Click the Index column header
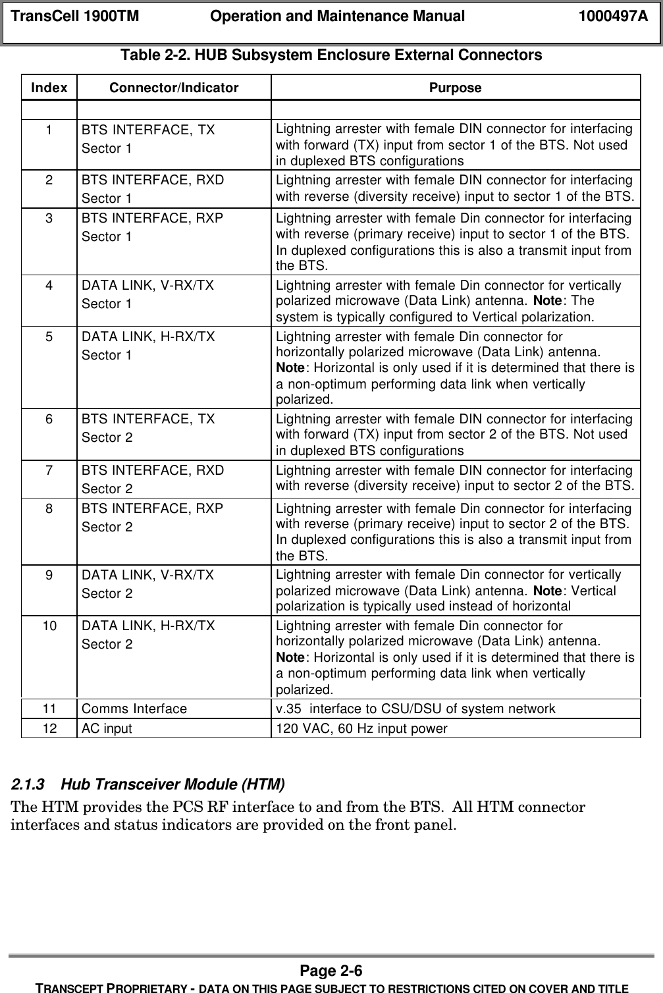point(49,88)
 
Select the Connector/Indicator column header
point(174,88)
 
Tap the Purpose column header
point(455,88)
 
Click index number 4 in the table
point(49,286)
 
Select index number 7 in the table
point(49,470)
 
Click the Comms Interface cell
point(134,709)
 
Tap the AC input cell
point(107,728)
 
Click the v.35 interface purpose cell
point(415,709)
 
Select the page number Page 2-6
point(331,971)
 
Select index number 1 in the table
point(49,130)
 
